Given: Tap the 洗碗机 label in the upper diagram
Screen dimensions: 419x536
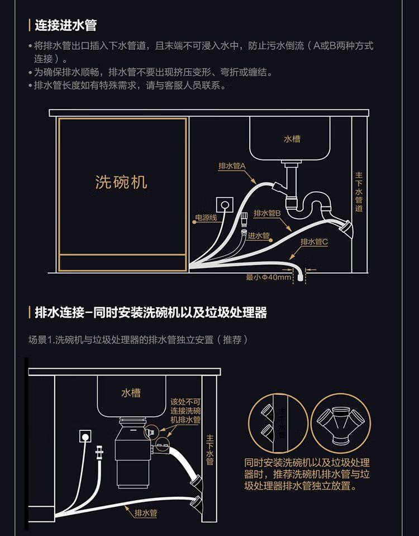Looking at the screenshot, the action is pos(121,182).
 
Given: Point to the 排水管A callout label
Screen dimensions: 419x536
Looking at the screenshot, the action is pos(232,166).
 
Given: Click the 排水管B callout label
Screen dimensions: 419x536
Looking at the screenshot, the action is pos(267,213).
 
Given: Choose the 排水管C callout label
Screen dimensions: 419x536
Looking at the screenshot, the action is pos(314,242).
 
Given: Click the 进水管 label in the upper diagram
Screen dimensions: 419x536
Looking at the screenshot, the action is pos(258,236).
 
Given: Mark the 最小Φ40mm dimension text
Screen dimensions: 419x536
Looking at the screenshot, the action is pos(269,277).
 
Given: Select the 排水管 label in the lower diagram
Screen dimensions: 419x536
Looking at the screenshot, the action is pos(146,512).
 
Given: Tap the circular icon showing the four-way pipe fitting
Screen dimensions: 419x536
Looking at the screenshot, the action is pos(333,421).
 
